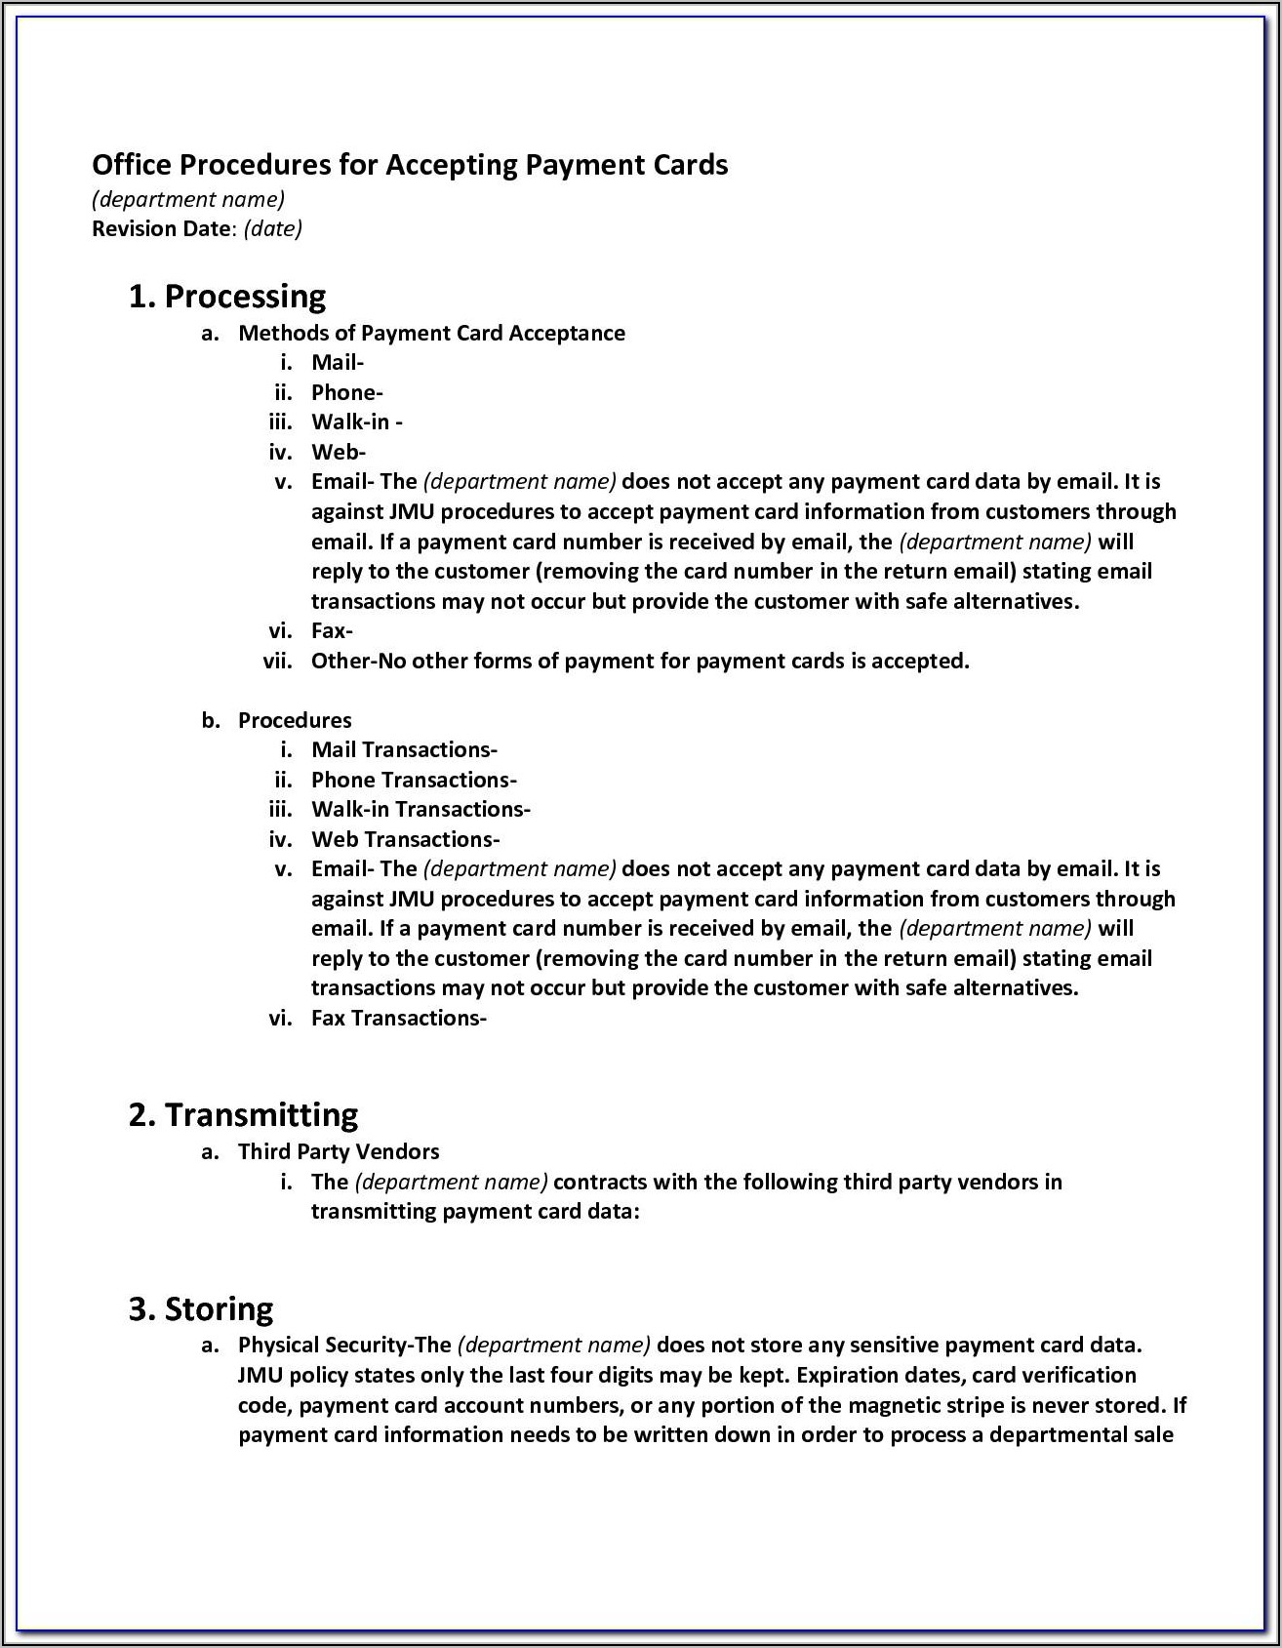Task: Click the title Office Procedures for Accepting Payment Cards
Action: click(410, 165)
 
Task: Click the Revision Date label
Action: click(162, 228)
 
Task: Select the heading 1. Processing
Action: click(227, 297)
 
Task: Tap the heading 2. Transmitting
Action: click(243, 1115)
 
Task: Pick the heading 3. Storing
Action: click(201, 1309)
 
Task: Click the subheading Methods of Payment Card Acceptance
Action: click(431, 334)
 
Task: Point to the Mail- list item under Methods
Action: click(337, 363)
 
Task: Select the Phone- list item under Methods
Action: click(346, 393)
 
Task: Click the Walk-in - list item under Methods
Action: click(356, 422)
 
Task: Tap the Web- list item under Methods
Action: click(338, 453)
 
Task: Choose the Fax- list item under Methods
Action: click(332, 631)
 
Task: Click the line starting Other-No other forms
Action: click(640, 662)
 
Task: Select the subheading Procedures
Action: click(295, 721)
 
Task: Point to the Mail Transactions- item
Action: click(404, 750)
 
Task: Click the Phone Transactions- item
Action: click(414, 781)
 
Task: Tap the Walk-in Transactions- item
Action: click(421, 810)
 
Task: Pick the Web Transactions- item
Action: click(405, 840)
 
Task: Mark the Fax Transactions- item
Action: click(398, 1019)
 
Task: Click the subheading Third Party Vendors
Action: click(339, 1152)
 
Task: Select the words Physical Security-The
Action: click(344, 1346)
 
